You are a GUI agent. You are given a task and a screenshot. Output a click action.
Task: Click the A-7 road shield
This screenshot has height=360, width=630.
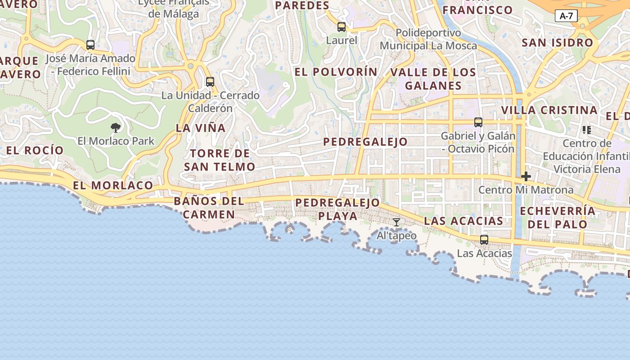(x=566, y=16)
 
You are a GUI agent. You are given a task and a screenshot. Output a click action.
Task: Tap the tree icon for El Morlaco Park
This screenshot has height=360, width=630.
(x=116, y=127)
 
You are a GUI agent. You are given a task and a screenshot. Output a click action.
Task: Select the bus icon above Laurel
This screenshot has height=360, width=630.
(x=342, y=27)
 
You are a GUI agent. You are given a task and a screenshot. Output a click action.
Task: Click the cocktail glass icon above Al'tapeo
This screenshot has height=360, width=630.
(x=396, y=222)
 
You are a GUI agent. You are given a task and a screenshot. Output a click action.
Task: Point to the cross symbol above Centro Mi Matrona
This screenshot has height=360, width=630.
(x=526, y=176)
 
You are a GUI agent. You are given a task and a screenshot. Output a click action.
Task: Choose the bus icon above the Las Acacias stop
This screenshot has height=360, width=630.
(x=484, y=240)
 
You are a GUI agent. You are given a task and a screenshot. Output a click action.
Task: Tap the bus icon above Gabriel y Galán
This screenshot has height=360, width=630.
(x=478, y=122)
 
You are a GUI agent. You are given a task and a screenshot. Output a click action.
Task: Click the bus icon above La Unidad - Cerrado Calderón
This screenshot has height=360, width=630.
(x=210, y=82)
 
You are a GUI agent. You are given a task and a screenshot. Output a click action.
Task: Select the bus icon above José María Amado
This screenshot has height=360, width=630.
(x=90, y=45)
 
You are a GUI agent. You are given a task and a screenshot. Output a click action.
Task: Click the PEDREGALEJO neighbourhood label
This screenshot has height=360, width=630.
(x=365, y=142)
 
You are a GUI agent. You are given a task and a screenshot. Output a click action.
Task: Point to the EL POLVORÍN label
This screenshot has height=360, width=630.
(x=336, y=72)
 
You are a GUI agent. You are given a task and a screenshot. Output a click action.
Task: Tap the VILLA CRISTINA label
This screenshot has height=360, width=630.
(x=549, y=110)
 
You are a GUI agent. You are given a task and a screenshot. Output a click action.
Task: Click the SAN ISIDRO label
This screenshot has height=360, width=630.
(x=557, y=43)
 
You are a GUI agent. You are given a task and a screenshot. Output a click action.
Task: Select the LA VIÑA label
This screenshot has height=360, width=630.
(x=201, y=128)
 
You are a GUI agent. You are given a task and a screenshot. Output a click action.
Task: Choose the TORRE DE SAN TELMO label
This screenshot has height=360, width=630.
(x=220, y=160)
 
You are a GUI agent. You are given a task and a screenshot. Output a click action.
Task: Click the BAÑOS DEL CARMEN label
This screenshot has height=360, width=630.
(x=209, y=207)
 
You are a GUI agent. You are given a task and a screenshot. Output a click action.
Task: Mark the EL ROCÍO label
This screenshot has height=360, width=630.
(x=35, y=150)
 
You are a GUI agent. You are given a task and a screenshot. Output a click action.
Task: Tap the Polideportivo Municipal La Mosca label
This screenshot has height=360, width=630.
(x=428, y=39)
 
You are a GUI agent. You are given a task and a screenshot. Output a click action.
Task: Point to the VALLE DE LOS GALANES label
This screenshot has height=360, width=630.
(x=433, y=79)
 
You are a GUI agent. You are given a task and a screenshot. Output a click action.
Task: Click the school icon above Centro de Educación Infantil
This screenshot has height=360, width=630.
(x=586, y=130)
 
